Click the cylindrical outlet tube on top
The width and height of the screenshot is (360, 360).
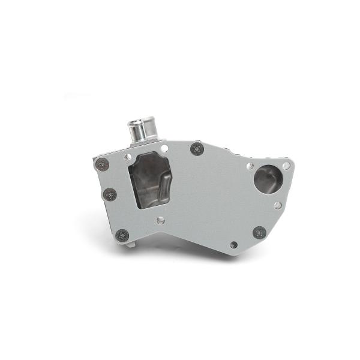(x=141, y=131)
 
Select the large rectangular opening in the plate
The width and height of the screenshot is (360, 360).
(x=150, y=179)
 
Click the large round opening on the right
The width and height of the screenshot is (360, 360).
(x=267, y=179)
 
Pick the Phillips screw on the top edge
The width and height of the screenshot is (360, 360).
(x=197, y=148)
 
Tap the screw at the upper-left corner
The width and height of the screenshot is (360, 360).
(x=103, y=164)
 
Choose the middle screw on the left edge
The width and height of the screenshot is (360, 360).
(x=110, y=194)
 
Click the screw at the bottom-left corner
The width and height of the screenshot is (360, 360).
(x=122, y=235)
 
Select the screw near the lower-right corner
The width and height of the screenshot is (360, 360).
(x=259, y=232)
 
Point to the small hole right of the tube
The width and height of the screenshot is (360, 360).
(x=164, y=148)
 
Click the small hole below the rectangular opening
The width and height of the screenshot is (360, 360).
(x=161, y=220)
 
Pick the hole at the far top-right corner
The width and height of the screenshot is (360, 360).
(x=286, y=166)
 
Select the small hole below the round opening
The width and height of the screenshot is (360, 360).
(x=278, y=205)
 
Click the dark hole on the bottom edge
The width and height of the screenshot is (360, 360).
(x=233, y=245)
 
